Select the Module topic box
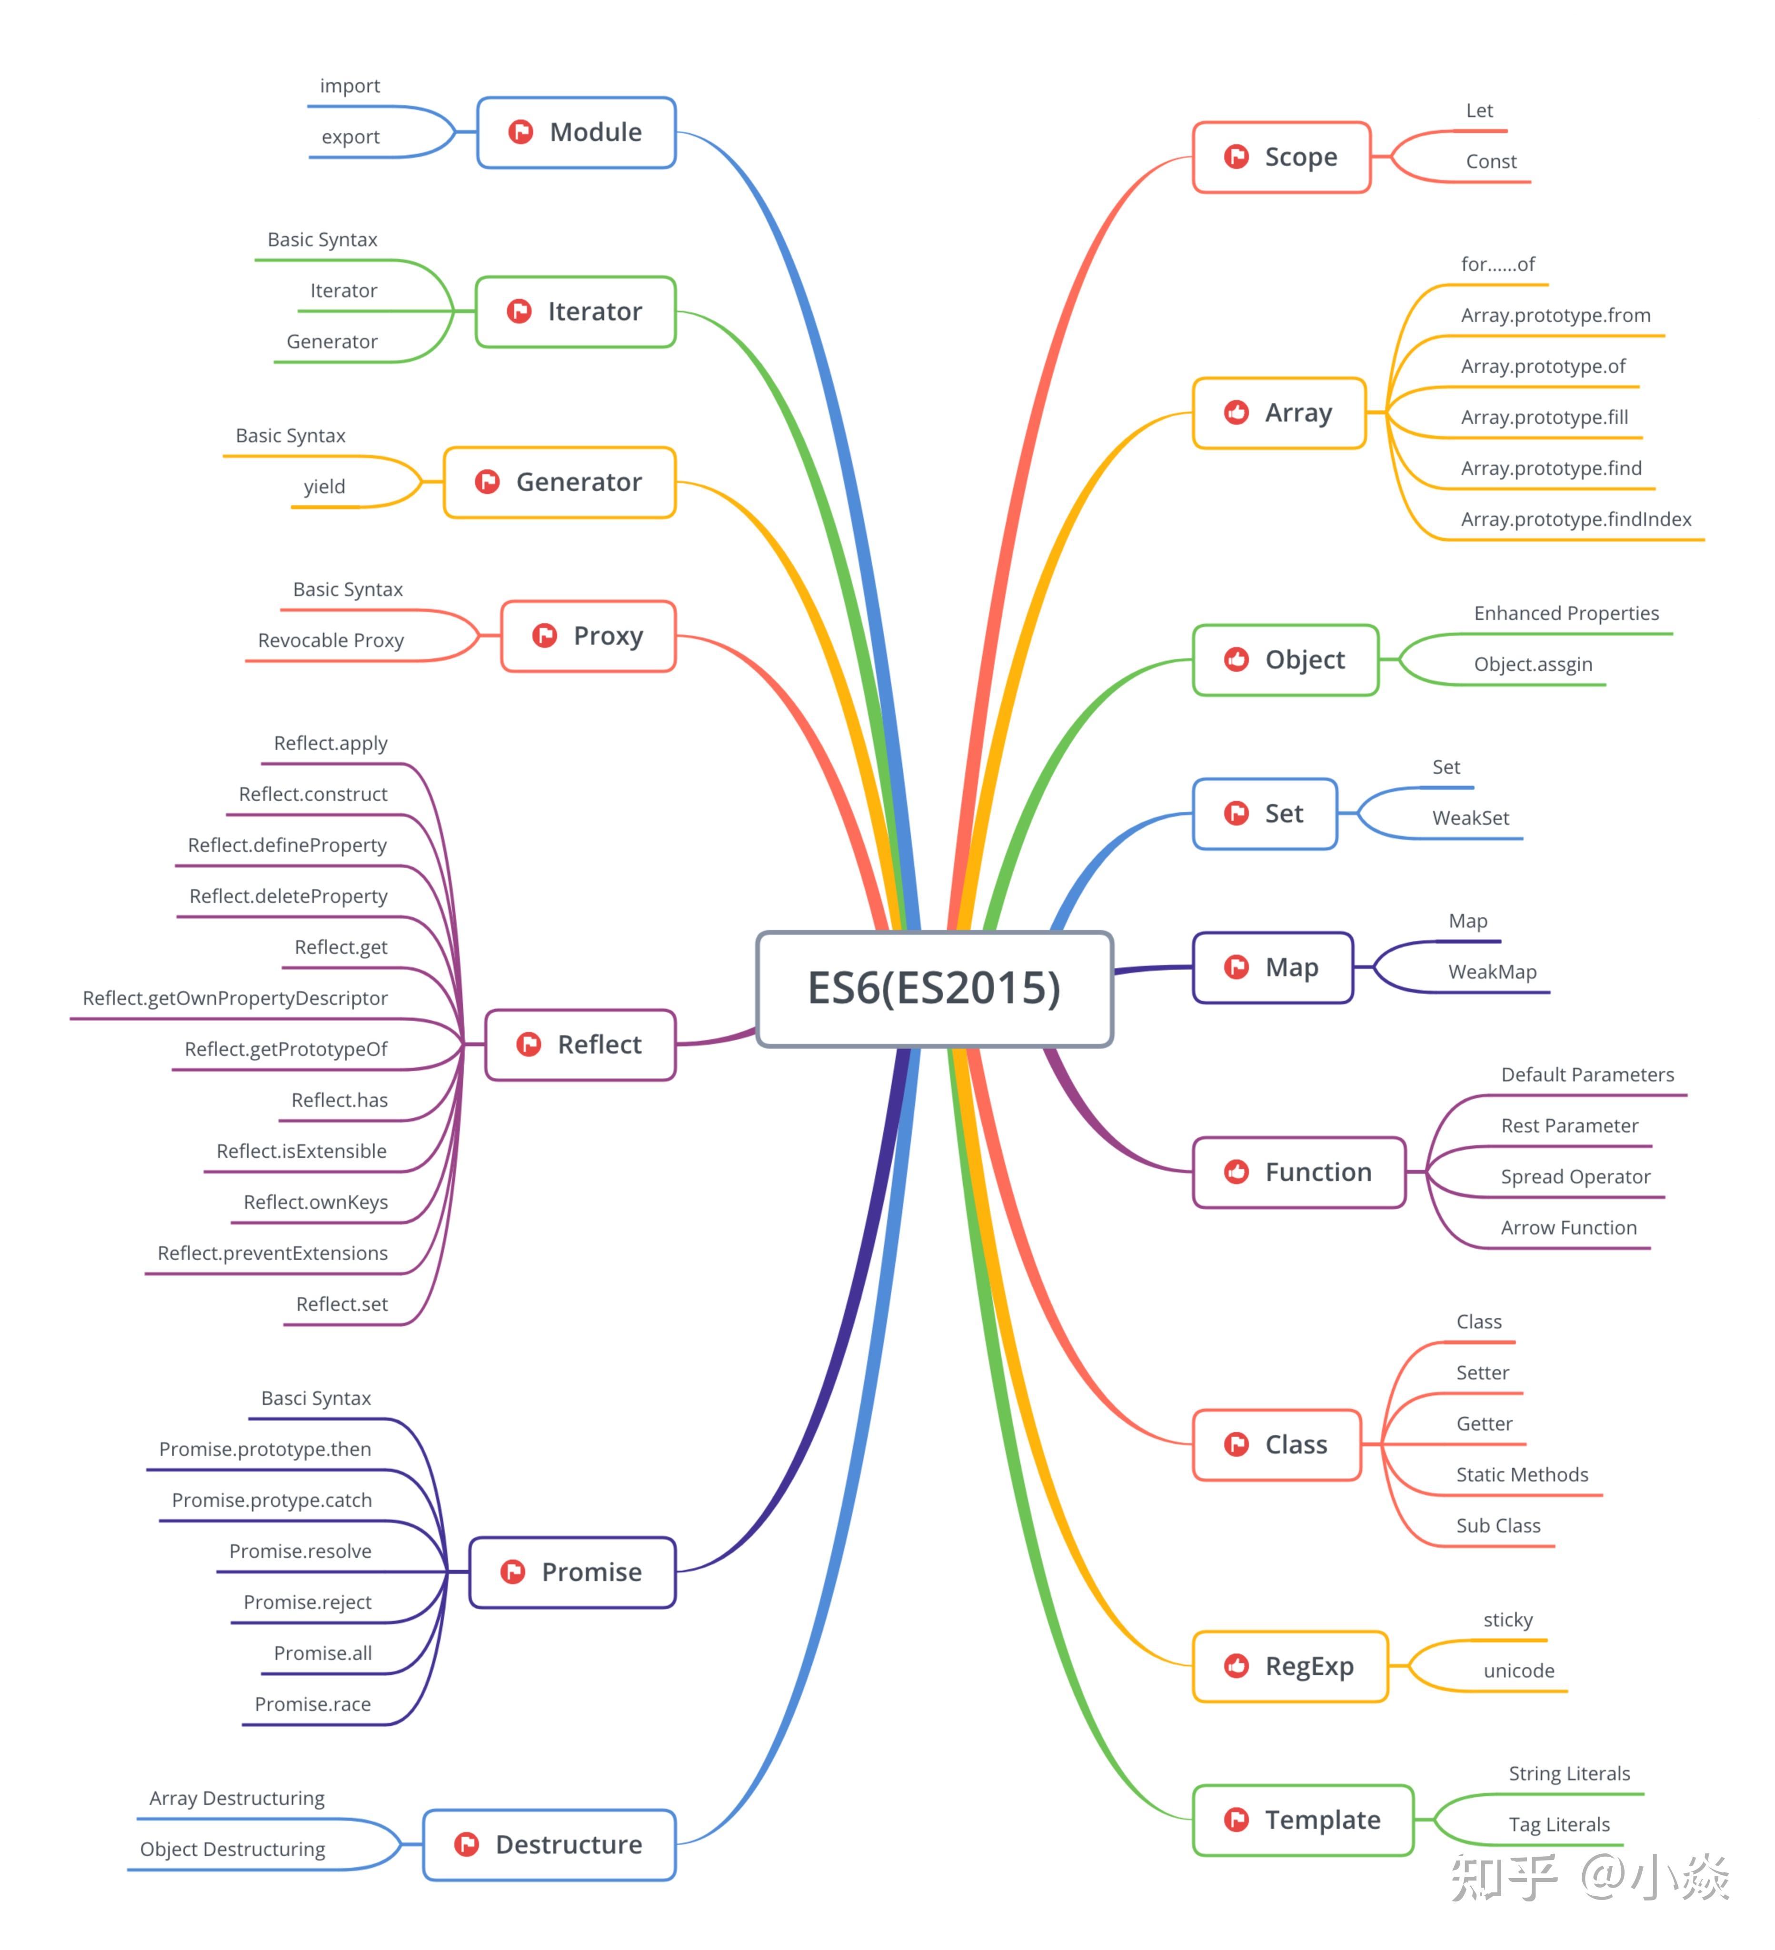point(577,132)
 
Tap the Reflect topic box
point(580,1045)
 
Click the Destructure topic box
point(549,1845)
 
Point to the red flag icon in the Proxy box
point(545,636)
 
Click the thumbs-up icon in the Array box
point(1236,413)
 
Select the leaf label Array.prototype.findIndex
point(1576,519)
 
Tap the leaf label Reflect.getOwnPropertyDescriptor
point(235,998)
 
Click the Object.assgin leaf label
point(1532,665)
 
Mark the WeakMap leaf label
point(1492,972)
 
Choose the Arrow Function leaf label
point(1568,1228)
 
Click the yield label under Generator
point(324,487)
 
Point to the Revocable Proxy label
point(331,640)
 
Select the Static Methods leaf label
point(1522,1475)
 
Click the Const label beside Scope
point(1491,161)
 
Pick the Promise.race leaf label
point(312,1704)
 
